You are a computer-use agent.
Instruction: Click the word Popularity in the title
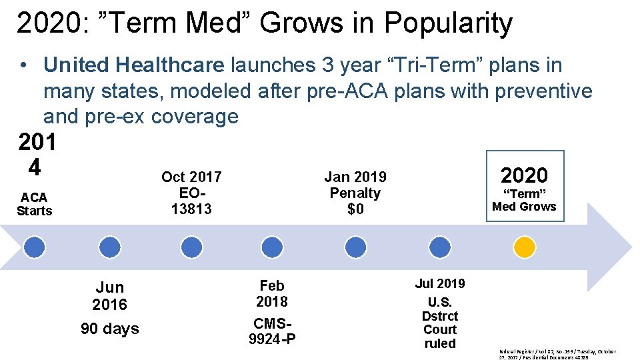[x=448, y=23]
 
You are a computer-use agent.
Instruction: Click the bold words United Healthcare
[x=134, y=65]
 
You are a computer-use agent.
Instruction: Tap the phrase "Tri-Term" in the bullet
[x=432, y=65]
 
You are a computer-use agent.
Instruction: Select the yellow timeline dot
[x=524, y=247]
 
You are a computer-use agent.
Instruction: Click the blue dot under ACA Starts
[x=35, y=247]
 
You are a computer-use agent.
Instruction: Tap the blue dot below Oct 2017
[x=191, y=247]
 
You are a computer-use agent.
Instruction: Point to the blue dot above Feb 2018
[x=272, y=247]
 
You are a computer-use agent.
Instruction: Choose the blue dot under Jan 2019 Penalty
[x=355, y=247]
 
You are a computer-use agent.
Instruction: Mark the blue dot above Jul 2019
[x=439, y=247]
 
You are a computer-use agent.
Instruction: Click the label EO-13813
[x=191, y=201]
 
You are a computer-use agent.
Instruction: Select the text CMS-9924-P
[x=272, y=331]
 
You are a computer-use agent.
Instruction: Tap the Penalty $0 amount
[x=355, y=209]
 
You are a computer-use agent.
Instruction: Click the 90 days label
[x=110, y=329]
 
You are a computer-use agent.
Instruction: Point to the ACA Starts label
[x=34, y=204]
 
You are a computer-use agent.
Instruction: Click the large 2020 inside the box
[x=524, y=175]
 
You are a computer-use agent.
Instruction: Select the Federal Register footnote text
[x=557, y=354]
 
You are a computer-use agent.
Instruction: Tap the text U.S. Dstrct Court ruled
[x=439, y=323]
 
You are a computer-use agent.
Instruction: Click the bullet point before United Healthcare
[x=23, y=65]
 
